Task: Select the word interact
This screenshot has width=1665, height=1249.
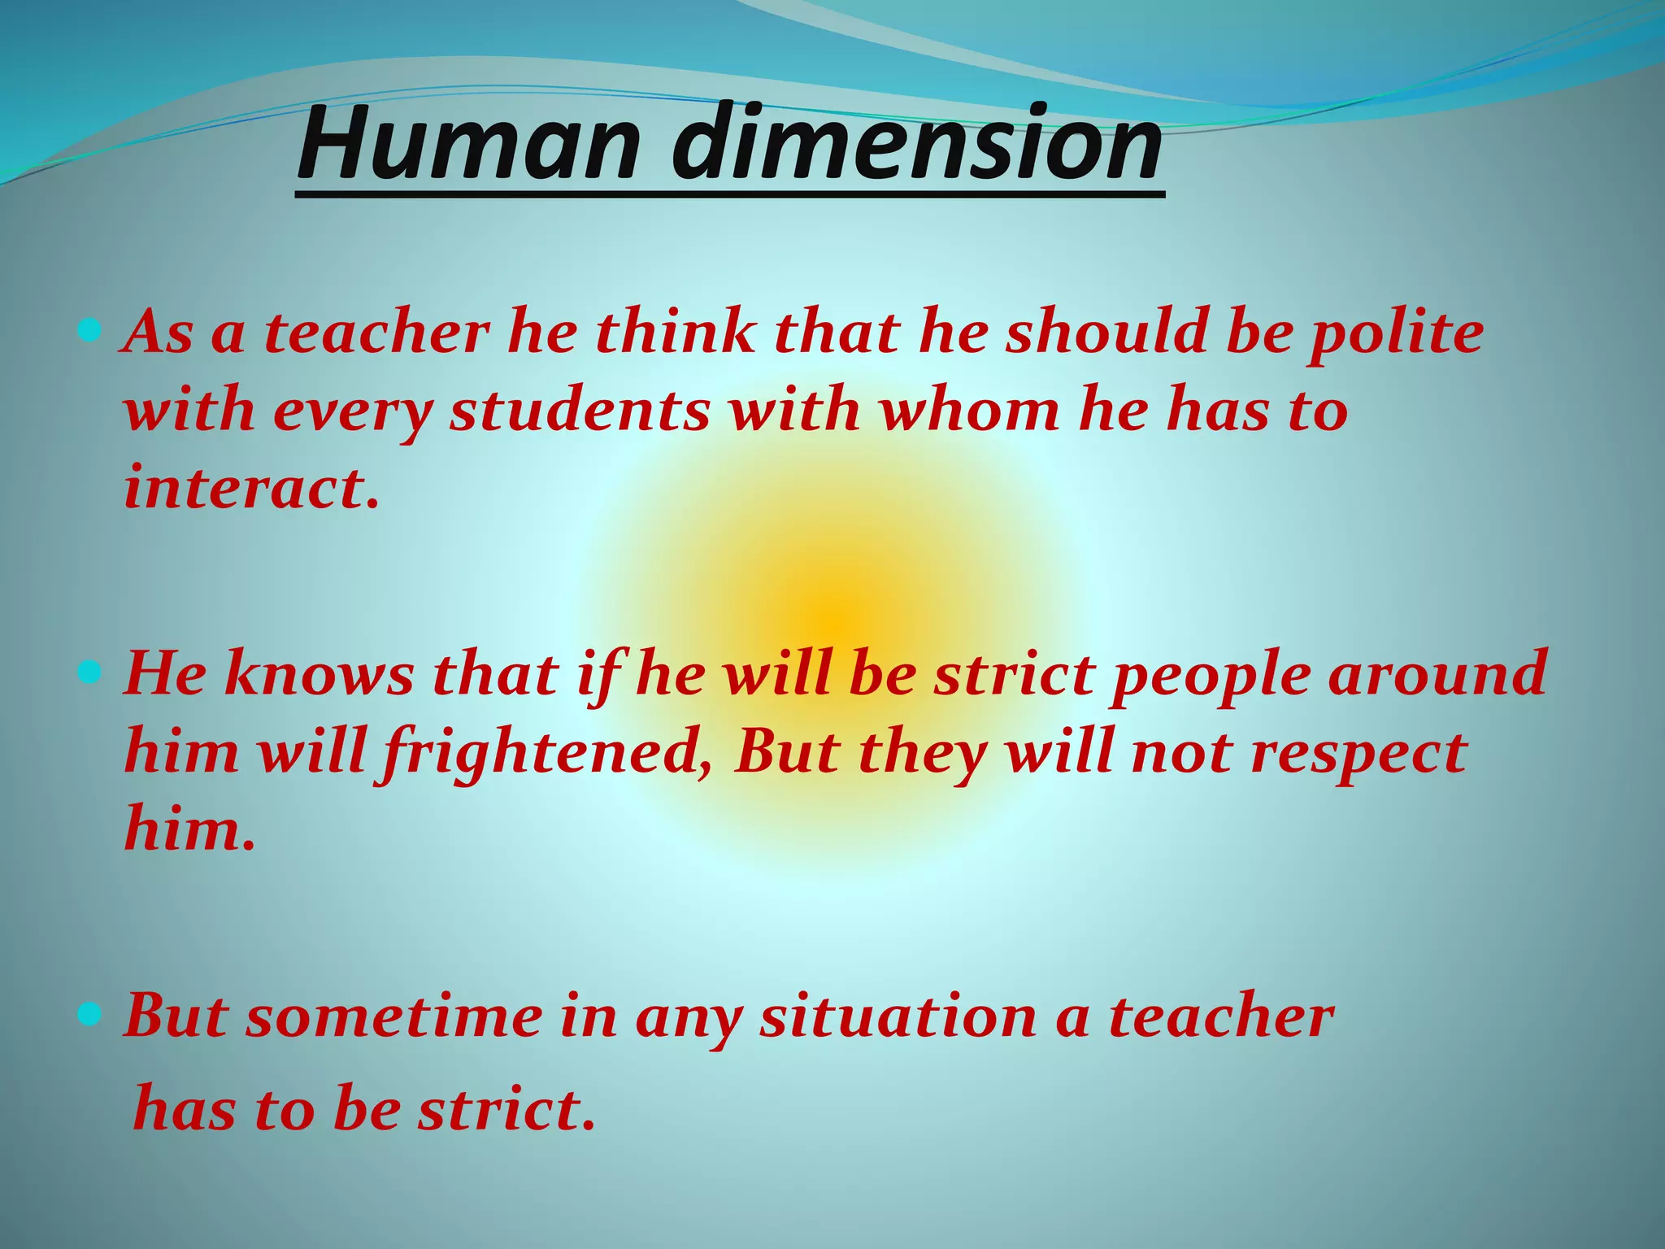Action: [x=250, y=488]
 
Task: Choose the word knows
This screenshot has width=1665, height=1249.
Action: [x=318, y=675]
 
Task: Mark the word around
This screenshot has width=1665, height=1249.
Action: [x=1437, y=675]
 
